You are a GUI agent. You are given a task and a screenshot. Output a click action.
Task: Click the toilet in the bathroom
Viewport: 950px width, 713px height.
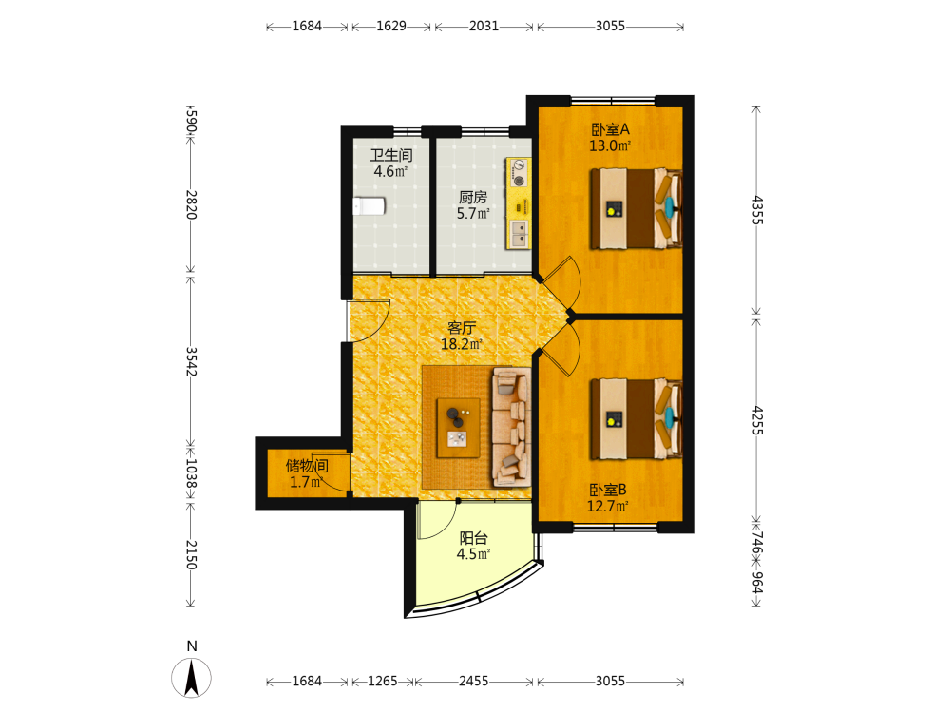pos(369,206)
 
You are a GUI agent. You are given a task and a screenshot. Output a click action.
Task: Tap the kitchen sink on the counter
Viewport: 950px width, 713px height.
pos(520,234)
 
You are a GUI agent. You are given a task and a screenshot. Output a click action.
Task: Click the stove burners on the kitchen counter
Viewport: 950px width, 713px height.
pos(519,172)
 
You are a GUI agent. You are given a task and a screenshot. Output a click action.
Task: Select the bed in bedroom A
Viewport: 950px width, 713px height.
pos(636,209)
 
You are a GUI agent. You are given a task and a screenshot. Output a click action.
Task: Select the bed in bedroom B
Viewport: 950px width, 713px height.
pos(636,419)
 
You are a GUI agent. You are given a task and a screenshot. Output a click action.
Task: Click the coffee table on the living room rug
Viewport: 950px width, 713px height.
pos(459,428)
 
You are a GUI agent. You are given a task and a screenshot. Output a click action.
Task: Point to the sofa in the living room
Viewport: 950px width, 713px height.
pos(511,427)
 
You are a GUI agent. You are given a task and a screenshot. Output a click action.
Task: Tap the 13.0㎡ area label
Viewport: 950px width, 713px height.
pos(610,146)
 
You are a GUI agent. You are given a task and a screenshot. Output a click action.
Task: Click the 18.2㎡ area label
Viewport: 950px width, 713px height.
pos(462,344)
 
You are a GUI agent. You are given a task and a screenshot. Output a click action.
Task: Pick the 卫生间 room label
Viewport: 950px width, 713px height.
pos(391,155)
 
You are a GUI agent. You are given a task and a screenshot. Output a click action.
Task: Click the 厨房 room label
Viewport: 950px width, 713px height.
pos(473,197)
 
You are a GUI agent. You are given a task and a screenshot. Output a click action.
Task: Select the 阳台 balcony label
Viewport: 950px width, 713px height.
pos(473,538)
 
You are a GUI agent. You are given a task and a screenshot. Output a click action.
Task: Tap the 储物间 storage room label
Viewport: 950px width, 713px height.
pos(307,466)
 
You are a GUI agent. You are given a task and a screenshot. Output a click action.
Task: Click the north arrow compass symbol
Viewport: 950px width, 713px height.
pos(192,677)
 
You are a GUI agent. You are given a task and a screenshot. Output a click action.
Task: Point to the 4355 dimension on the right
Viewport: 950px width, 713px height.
pos(757,210)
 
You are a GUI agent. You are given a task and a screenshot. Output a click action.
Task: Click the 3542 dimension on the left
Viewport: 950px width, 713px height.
pos(191,361)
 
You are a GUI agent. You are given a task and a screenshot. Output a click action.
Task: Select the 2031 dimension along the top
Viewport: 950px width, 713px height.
pos(484,26)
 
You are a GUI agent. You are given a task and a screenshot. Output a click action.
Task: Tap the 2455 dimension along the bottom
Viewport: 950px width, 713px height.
pos(473,682)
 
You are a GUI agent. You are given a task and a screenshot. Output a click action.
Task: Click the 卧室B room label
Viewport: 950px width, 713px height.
pos(608,490)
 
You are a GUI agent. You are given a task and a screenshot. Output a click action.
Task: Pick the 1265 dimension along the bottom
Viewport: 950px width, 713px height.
pos(382,682)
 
